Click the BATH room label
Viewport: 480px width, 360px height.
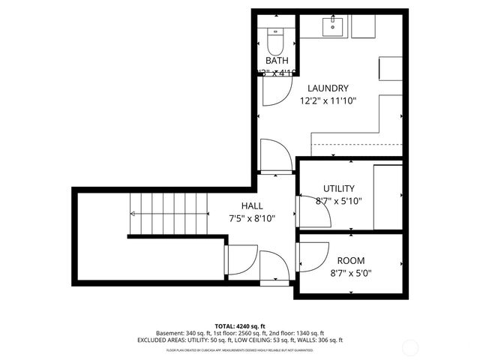coord(277,61)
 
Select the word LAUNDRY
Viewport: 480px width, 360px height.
coord(328,88)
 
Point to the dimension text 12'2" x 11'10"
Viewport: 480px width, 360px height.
coord(328,100)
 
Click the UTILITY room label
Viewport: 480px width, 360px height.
coord(338,188)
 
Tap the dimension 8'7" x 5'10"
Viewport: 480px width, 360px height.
coord(338,201)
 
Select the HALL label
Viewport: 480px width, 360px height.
coord(251,206)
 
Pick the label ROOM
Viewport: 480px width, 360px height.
coord(351,260)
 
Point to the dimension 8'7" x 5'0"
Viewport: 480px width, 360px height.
coord(351,273)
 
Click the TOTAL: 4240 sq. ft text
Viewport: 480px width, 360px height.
coord(240,326)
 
